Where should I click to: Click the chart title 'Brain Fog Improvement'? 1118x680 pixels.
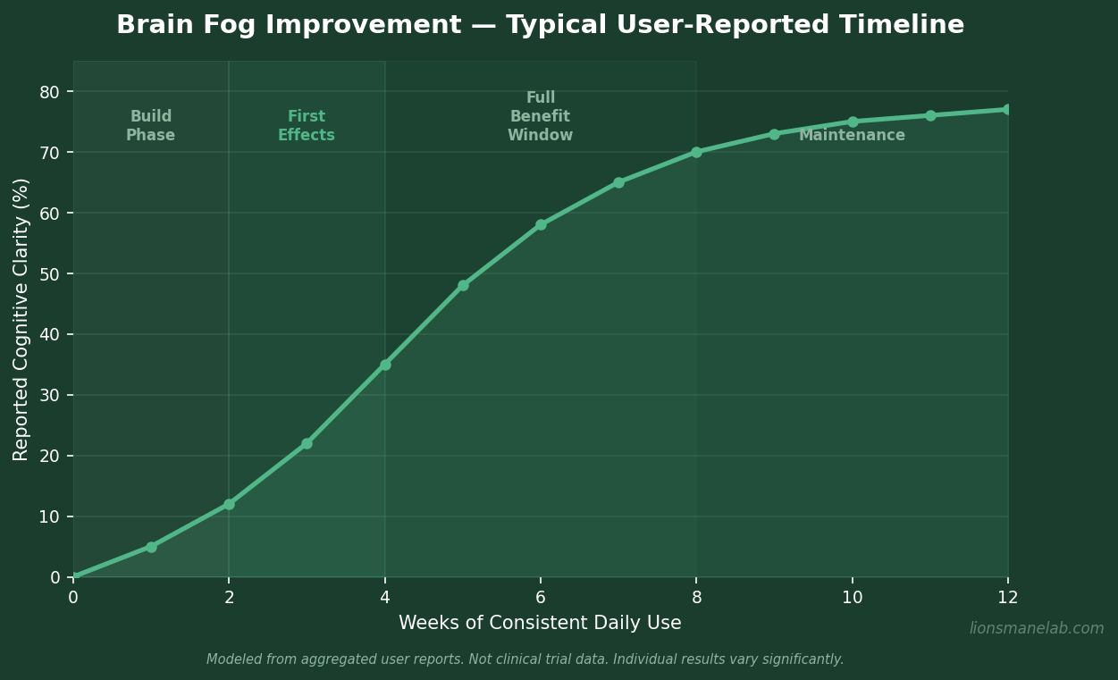(x=540, y=25)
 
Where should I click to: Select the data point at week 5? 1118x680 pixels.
(x=463, y=286)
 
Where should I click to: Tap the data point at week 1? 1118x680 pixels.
(x=151, y=547)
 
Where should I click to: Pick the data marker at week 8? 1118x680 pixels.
(x=696, y=152)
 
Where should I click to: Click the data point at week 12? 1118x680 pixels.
(x=1007, y=110)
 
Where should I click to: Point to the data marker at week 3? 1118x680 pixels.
(x=307, y=443)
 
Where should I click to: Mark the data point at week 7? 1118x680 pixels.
(x=618, y=182)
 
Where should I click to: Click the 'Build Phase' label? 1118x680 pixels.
(x=150, y=126)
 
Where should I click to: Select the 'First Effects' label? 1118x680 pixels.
(x=307, y=126)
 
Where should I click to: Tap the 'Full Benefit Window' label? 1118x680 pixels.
(x=540, y=117)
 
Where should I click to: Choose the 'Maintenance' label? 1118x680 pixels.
(x=852, y=136)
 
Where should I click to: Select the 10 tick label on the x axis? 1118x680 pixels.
(x=852, y=598)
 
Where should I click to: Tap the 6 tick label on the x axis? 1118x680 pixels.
(x=541, y=598)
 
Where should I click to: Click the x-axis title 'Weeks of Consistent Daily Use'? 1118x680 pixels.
(x=540, y=623)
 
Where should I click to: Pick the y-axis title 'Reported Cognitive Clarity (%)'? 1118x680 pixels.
(x=21, y=319)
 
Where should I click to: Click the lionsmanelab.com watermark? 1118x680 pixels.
(x=1037, y=628)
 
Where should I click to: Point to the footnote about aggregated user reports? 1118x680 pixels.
(x=525, y=659)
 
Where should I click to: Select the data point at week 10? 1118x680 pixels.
(x=853, y=122)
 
